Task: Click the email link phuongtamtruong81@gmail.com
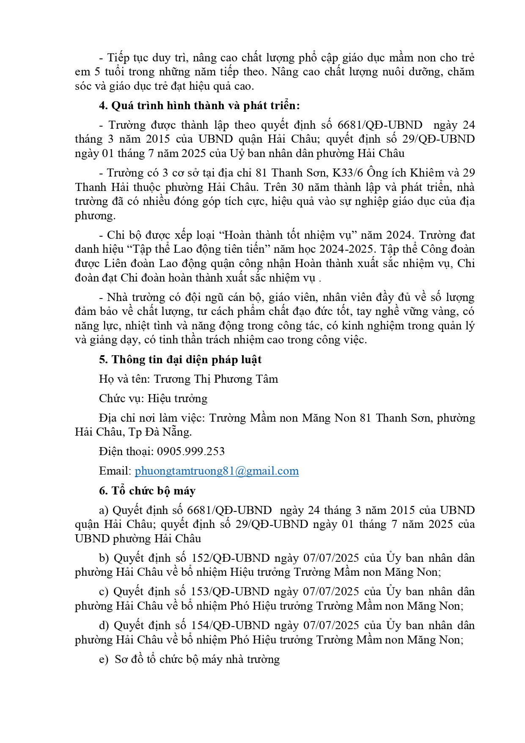tap(217, 471)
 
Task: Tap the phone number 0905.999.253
tap(191, 451)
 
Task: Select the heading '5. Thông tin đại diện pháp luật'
tap(180, 359)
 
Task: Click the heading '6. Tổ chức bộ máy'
tap(147, 491)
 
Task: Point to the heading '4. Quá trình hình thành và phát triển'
tap(199, 105)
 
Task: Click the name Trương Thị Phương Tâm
tap(216, 379)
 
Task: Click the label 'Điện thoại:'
tap(126, 451)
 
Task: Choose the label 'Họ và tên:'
tap(124, 379)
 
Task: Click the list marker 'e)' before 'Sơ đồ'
tap(104, 660)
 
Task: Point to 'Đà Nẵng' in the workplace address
tap(168, 432)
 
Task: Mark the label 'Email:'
tap(115, 471)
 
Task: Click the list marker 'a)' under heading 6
tap(104, 510)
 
